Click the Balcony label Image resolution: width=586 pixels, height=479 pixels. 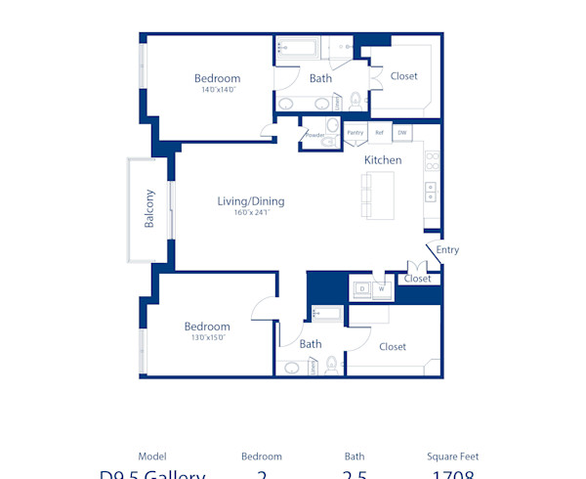click(x=149, y=208)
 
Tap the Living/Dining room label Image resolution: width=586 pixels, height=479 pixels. click(x=251, y=201)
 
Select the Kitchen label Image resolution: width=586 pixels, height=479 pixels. click(x=383, y=159)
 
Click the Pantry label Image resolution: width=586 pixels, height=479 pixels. click(x=355, y=132)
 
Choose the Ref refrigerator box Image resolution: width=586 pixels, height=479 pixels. click(x=379, y=132)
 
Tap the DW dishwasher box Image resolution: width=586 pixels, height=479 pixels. click(x=401, y=132)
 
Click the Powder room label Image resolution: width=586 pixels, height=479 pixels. click(x=314, y=135)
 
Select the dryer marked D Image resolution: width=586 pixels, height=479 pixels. click(x=362, y=288)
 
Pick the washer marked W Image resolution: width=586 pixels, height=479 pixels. click(x=383, y=288)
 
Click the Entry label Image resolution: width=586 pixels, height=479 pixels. click(x=447, y=250)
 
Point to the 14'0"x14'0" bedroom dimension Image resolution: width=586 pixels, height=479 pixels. click(x=217, y=90)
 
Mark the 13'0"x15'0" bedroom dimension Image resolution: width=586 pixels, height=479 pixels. click(x=207, y=338)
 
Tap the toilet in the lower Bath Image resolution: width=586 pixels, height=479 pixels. click(x=331, y=365)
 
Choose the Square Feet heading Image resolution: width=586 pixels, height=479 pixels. click(x=452, y=457)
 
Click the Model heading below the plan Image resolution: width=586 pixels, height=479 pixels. click(x=152, y=457)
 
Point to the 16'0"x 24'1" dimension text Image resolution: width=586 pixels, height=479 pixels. click(x=251, y=213)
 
